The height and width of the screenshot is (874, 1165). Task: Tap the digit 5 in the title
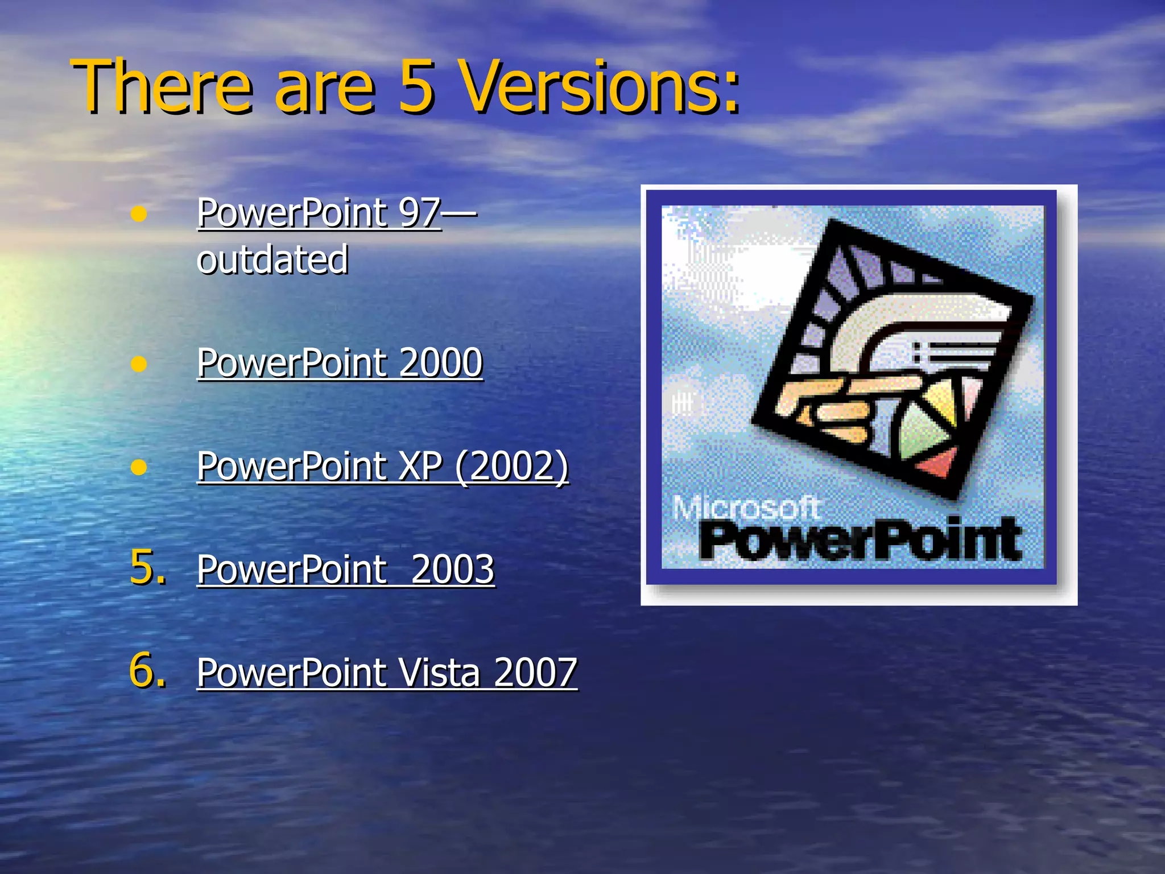[x=415, y=86]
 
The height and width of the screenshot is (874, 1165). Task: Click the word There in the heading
[x=162, y=86]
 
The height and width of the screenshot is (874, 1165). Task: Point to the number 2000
[x=441, y=363]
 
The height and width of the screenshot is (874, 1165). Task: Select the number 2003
[x=452, y=570]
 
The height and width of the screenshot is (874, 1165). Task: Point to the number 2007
[x=535, y=673]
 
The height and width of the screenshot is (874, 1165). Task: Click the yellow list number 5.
[x=147, y=567]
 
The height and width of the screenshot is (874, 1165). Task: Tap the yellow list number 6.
[x=147, y=670]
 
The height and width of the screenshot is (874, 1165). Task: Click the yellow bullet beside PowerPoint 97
[x=138, y=215]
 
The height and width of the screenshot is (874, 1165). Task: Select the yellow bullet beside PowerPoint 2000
[x=138, y=364]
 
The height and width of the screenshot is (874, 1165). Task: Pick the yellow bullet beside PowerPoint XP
[x=138, y=467]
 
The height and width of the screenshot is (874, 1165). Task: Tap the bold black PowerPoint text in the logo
[x=859, y=539]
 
